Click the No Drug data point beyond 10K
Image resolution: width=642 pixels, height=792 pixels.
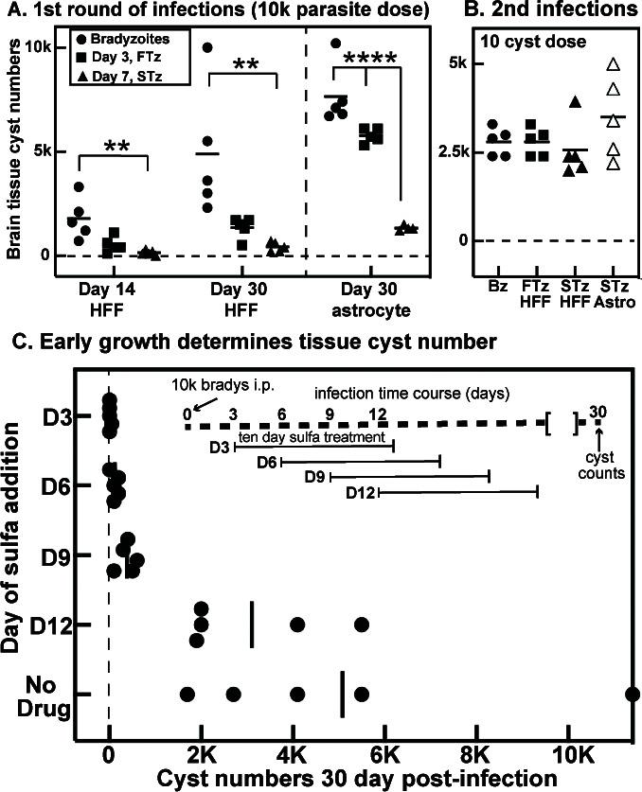click(633, 695)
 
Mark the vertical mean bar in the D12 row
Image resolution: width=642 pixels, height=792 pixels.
click(252, 625)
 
